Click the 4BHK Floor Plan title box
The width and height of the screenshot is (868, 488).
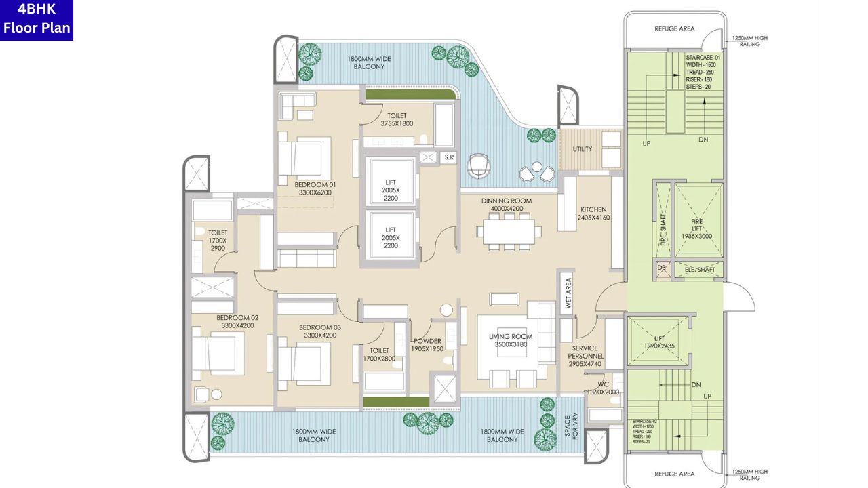pos(37,20)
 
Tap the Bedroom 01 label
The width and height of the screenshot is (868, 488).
pos(315,188)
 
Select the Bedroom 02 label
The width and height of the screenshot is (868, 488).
pos(237,321)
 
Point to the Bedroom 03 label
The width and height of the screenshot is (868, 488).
pos(320,331)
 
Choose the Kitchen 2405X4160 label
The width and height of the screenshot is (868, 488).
pos(593,214)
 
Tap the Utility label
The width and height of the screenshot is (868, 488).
pos(582,149)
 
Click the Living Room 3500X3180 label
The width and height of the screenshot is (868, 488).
pos(511,340)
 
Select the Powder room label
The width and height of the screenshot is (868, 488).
pos(427,345)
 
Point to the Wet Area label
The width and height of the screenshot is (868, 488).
pos(568,293)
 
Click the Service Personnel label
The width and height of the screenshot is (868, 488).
pos(586,356)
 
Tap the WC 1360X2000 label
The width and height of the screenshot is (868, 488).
pos(602,388)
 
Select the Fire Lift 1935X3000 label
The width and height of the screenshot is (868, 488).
pos(698,228)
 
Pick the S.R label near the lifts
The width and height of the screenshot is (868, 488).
pos(448,157)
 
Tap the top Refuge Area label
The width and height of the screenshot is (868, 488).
pos(674,29)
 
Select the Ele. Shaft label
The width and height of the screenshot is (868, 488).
pos(699,270)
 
